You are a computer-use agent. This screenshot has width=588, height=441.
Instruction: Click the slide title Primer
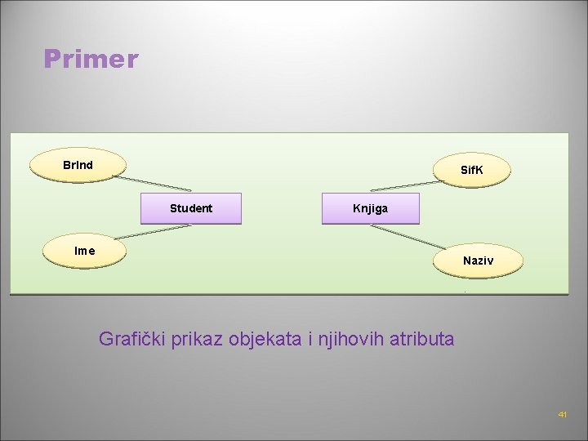point(91,59)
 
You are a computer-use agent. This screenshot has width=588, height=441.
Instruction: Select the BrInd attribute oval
point(78,165)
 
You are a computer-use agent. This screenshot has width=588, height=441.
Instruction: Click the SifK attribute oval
point(472,171)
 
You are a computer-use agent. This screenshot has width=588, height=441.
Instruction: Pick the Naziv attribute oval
point(478,261)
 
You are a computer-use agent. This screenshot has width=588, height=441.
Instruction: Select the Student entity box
point(191,208)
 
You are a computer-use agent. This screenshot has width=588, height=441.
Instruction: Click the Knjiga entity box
point(371,208)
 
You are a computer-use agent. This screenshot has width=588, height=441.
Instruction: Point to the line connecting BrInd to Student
point(152,182)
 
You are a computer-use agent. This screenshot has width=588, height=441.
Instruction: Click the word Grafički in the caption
point(133,338)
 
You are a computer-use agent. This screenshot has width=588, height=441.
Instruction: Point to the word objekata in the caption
point(269,338)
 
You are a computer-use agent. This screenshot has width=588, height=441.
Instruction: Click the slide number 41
point(563,415)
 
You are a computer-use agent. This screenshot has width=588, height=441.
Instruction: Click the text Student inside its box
point(191,208)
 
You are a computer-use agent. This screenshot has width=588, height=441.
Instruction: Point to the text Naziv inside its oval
point(478,261)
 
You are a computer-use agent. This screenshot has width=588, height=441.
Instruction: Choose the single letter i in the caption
point(310,338)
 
